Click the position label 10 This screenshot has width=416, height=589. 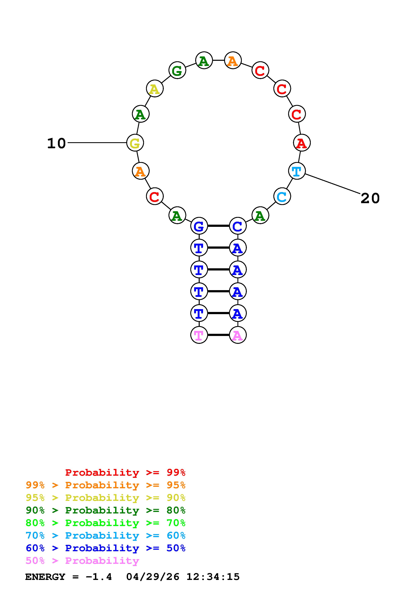[56, 143]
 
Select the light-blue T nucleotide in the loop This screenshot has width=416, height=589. [297, 171]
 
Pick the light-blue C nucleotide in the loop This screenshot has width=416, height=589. [282, 196]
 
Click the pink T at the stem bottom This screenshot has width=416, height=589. [199, 335]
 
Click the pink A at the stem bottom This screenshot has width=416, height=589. [238, 335]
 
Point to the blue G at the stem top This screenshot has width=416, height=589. [199, 226]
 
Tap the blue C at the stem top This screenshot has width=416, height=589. [238, 226]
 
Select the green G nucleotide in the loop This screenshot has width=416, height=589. [177, 70]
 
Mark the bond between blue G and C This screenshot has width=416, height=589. [218, 226]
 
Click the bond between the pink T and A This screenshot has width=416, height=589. [218, 335]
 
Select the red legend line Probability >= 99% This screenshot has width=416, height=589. [125, 472]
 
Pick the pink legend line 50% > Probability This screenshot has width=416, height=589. [82, 561]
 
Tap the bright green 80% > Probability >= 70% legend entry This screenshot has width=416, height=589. [106, 523]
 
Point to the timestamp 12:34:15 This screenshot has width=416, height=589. [213, 577]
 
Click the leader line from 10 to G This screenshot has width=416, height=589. [97, 143]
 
